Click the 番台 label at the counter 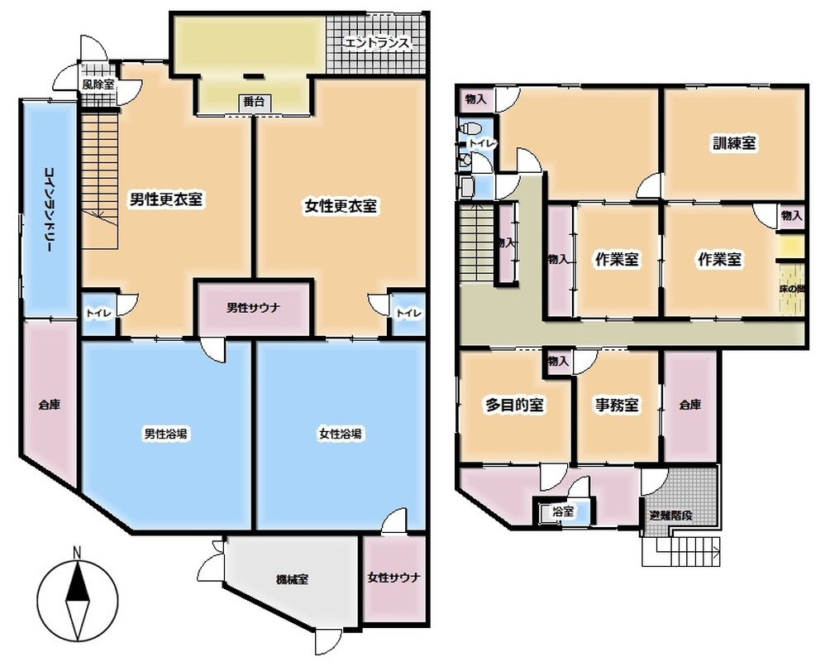tap(254, 102)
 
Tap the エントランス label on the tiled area tap(376, 43)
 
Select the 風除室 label tap(98, 84)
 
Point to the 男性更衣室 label tap(166, 199)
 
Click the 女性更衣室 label tap(341, 206)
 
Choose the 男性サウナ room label tap(253, 308)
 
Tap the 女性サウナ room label tap(394, 578)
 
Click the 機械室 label tap(292, 580)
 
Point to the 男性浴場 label tap(165, 434)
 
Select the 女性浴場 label tap(340, 434)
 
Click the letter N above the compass tap(77, 553)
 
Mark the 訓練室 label tap(735, 142)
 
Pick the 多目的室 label tap(514, 405)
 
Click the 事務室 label tap(618, 405)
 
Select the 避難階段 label tap(671, 516)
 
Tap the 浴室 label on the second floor tap(563, 511)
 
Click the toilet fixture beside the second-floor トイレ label tap(470, 128)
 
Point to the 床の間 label tap(792, 289)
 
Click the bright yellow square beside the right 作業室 tap(791, 247)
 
